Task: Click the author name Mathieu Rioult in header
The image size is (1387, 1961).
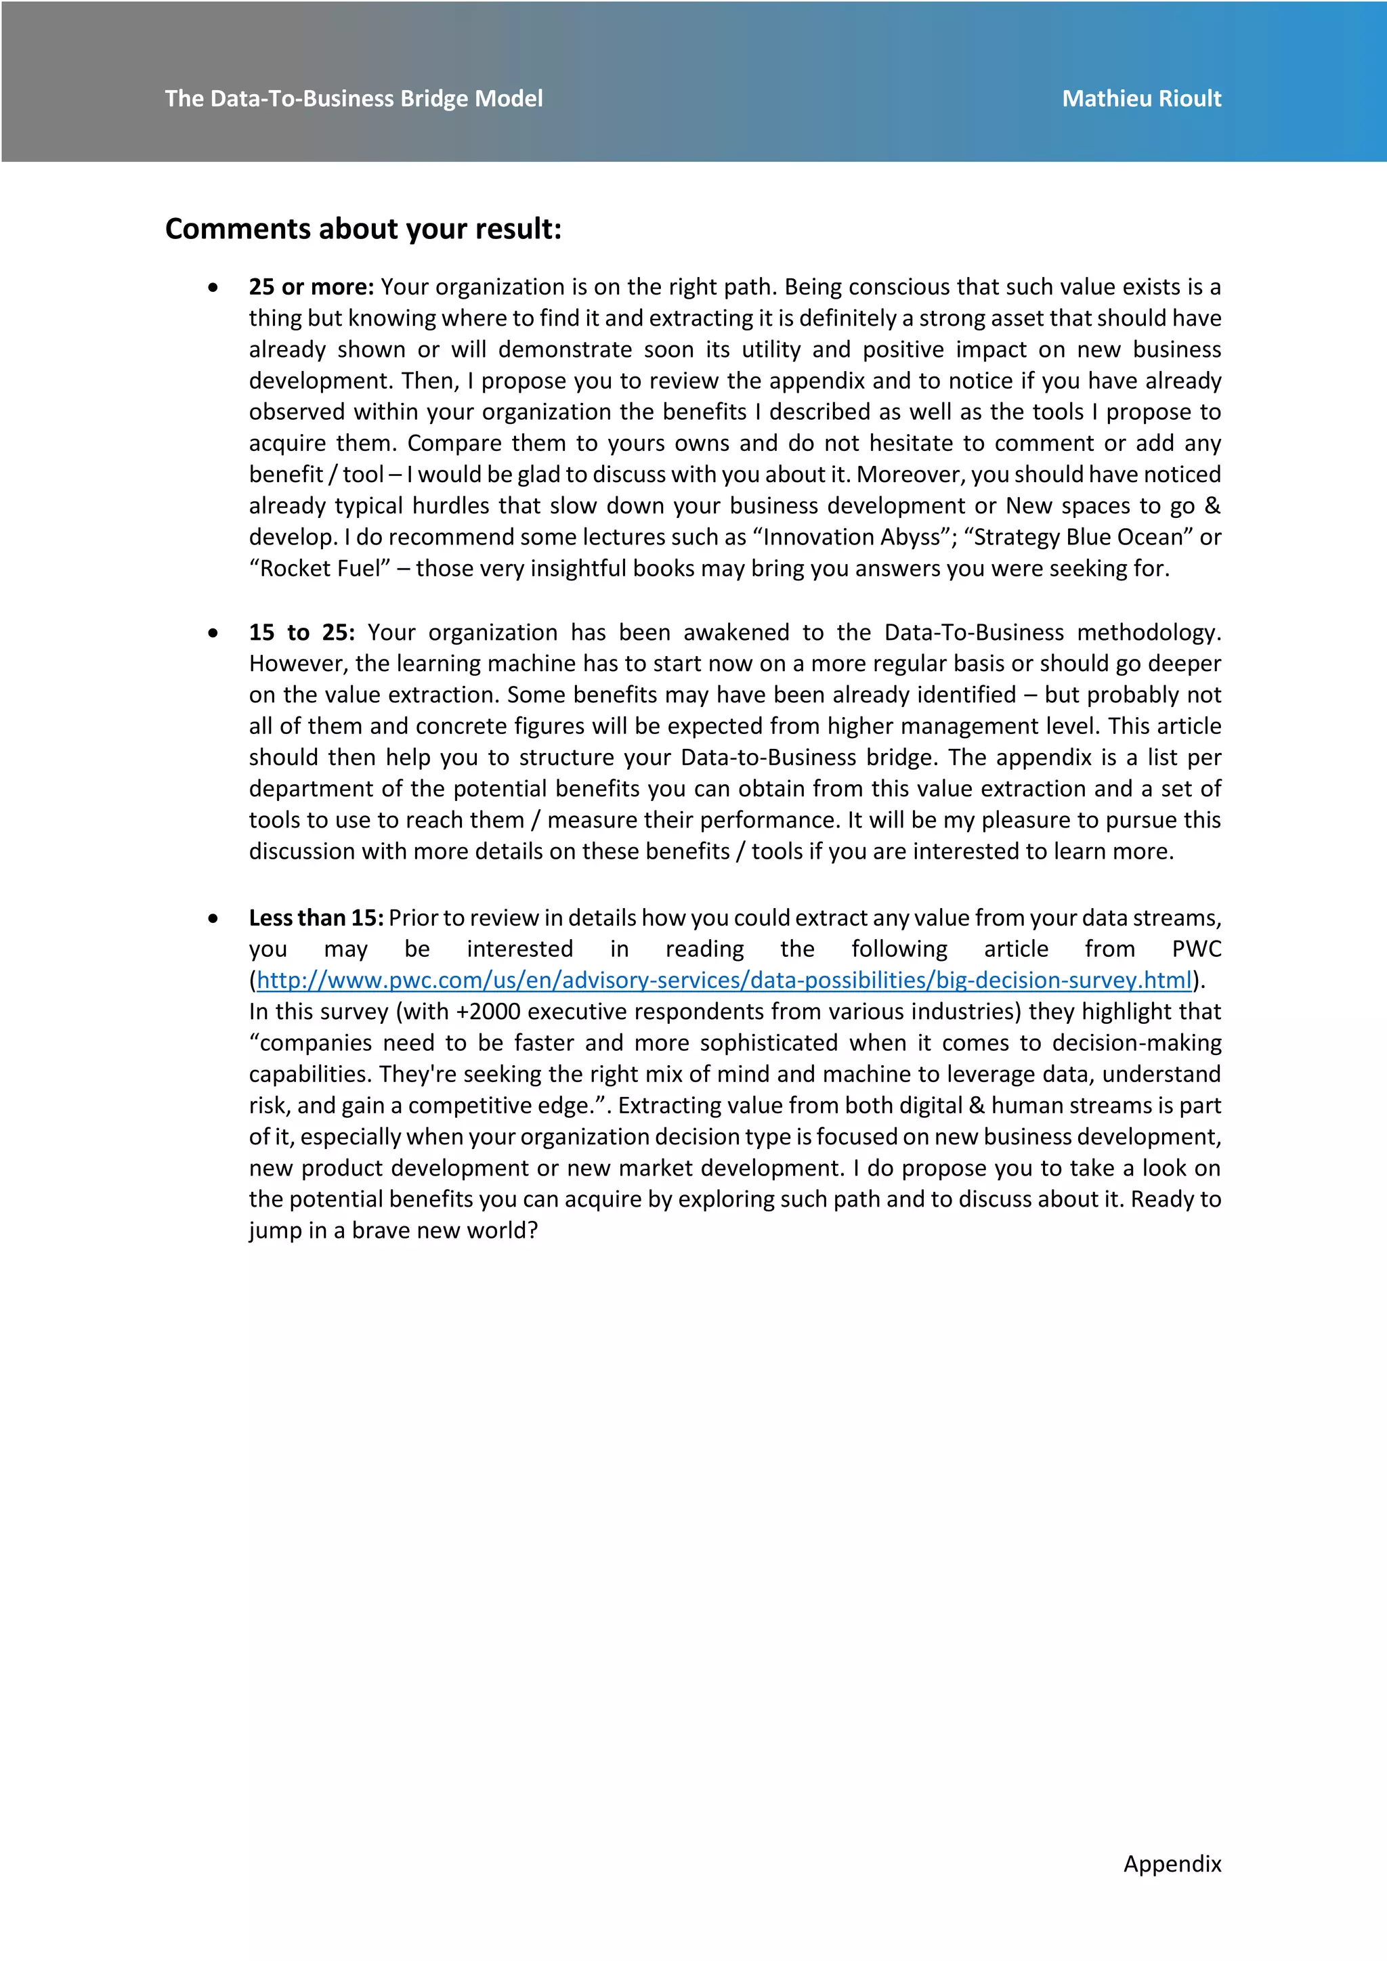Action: pyautogui.click(x=1141, y=99)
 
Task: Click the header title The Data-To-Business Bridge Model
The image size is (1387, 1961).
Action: pyautogui.click(x=354, y=99)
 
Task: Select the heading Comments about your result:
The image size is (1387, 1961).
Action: pyautogui.click(x=363, y=229)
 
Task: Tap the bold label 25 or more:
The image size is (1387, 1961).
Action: pyautogui.click(x=311, y=287)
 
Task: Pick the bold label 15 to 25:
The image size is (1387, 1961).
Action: pyautogui.click(x=301, y=633)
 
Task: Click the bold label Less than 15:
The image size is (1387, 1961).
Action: pyautogui.click(x=316, y=918)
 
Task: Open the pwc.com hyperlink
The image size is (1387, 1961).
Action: pyautogui.click(x=723, y=980)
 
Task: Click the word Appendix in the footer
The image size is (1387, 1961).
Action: pyautogui.click(x=1172, y=1863)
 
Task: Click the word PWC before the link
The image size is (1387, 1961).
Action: pyautogui.click(x=1197, y=949)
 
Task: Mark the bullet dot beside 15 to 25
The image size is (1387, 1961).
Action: pyautogui.click(x=213, y=634)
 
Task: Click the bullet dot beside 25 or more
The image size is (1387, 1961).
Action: pyautogui.click(x=213, y=288)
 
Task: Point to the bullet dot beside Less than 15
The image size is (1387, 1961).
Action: pyautogui.click(x=213, y=919)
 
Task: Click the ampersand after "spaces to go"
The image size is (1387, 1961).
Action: pyautogui.click(x=1212, y=506)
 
